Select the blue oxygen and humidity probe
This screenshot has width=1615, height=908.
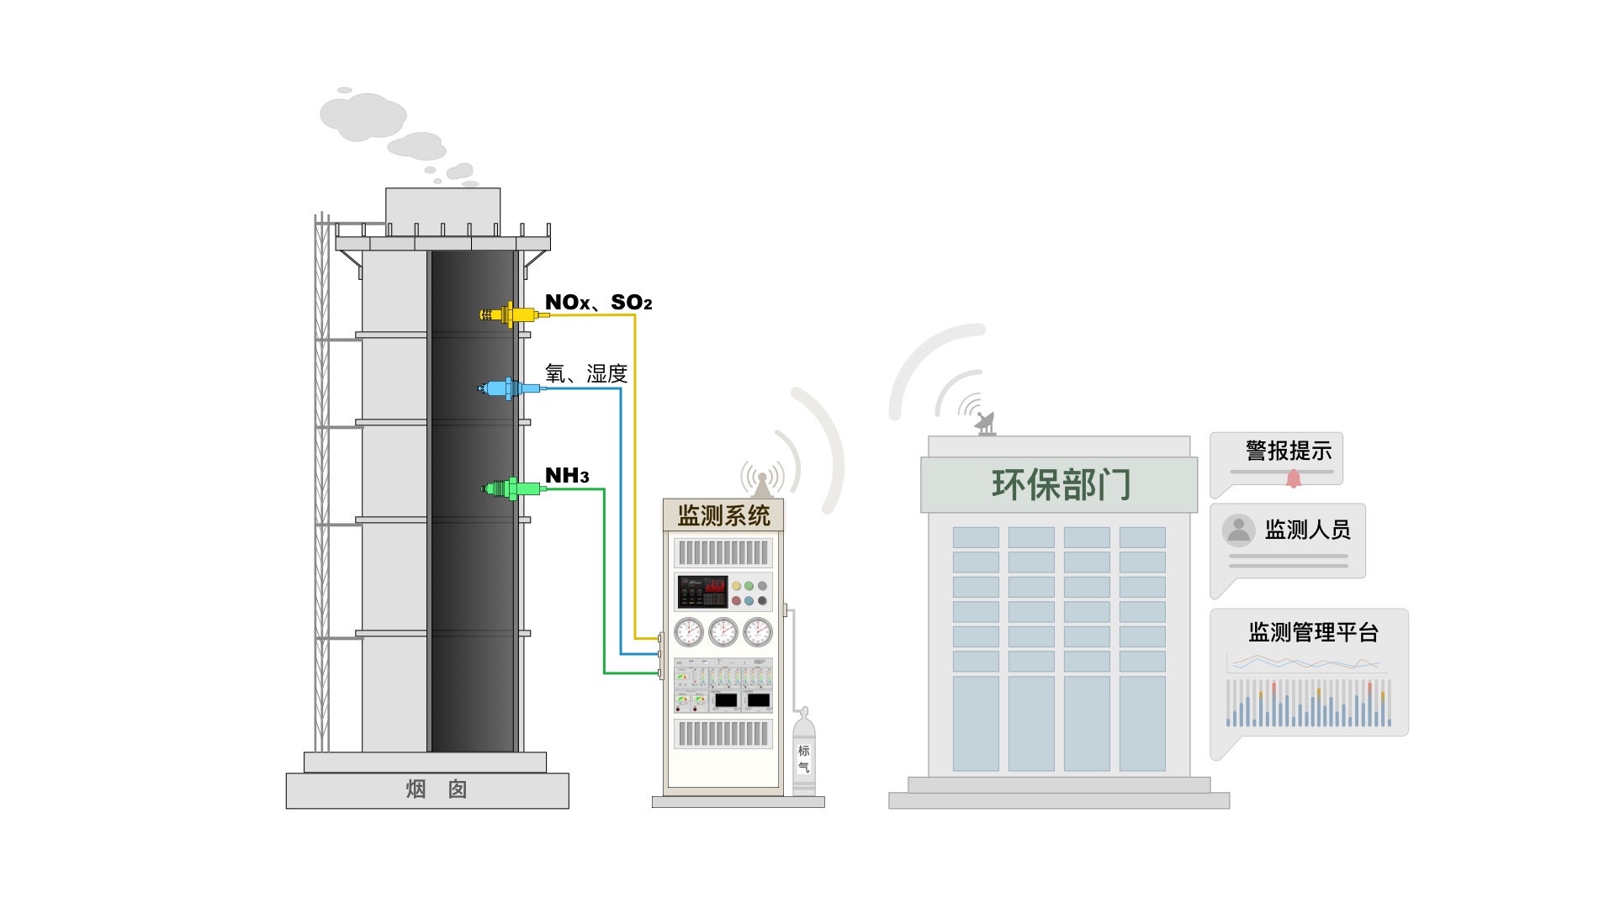tap(510, 388)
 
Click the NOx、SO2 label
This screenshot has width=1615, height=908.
tap(598, 303)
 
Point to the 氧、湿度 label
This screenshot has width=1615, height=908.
tap(586, 373)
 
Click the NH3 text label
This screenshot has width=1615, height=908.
tap(567, 476)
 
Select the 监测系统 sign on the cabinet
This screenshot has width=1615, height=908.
tap(723, 515)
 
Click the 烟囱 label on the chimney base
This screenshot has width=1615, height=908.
tap(436, 789)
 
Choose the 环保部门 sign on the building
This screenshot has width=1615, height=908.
tap(1060, 485)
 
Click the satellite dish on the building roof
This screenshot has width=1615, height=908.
tap(986, 423)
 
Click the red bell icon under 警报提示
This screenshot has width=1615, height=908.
tap(1294, 478)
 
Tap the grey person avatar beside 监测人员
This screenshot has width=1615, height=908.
tap(1238, 531)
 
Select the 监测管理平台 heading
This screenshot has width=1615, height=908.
tap(1313, 632)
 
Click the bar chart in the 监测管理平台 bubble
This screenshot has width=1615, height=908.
tap(1308, 703)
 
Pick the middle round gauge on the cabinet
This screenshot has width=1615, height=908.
tap(723, 631)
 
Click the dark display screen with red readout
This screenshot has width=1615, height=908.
tap(702, 592)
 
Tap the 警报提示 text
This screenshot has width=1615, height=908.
tap(1289, 451)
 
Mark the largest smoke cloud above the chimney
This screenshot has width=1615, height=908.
tap(363, 116)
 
